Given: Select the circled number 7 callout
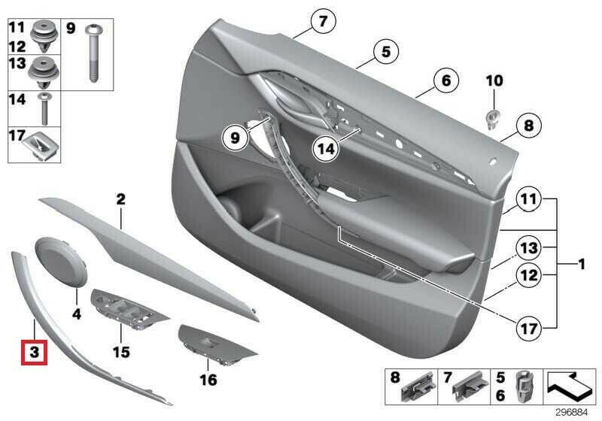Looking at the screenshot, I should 322,22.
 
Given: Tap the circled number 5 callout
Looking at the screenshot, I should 385,52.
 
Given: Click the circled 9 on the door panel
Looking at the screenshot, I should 234,138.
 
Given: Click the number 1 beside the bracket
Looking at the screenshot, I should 581,264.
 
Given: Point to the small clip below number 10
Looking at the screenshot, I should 494,117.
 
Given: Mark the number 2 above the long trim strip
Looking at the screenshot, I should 120,200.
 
